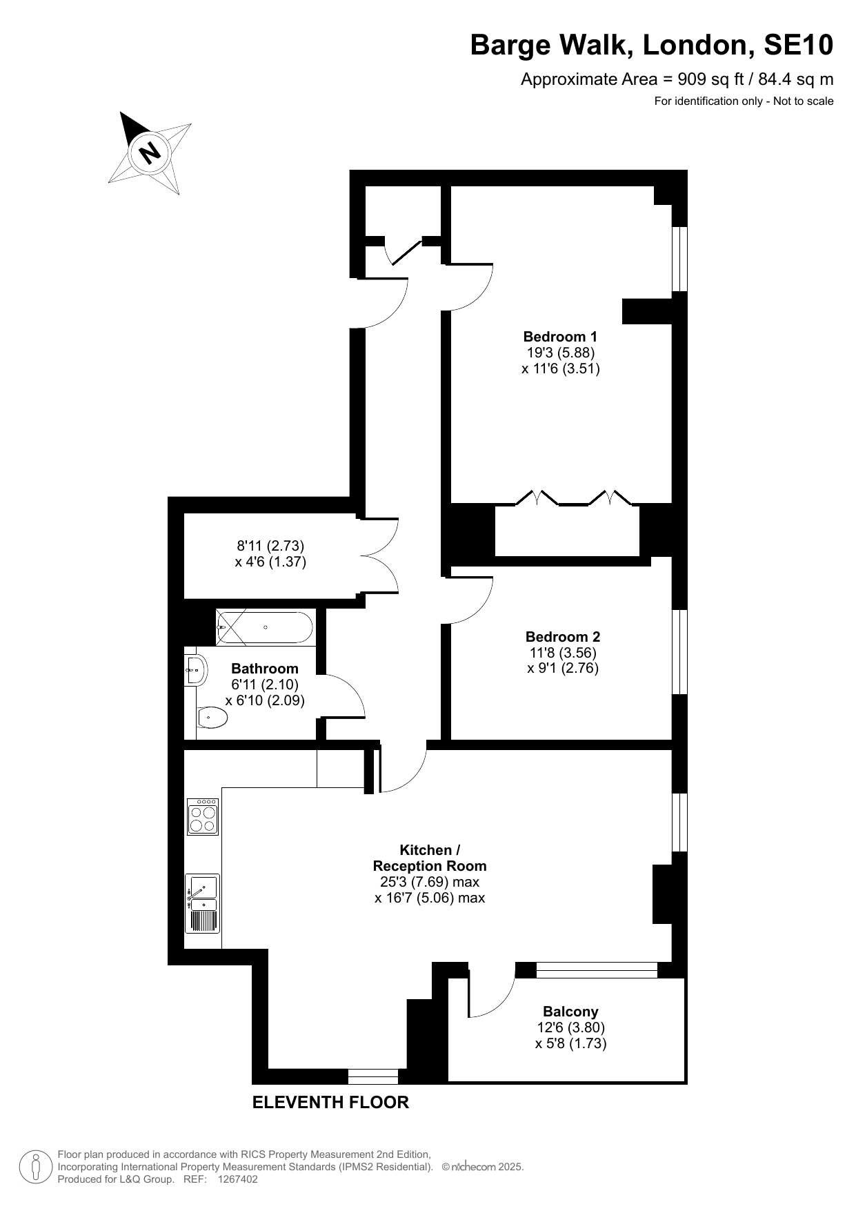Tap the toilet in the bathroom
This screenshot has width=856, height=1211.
click(212, 718)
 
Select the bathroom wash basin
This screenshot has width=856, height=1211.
click(196, 669)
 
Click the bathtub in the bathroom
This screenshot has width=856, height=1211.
click(265, 627)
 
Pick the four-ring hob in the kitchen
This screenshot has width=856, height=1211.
click(203, 816)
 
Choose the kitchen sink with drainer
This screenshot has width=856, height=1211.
click(203, 904)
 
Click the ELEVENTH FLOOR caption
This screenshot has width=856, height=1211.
click(330, 1102)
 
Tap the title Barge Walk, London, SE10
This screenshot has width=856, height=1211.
click(652, 46)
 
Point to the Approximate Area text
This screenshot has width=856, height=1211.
click(677, 79)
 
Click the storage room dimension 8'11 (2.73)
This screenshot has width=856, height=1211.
click(270, 546)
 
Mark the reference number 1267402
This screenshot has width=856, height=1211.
click(237, 1179)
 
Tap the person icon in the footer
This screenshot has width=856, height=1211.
click(36, 1166)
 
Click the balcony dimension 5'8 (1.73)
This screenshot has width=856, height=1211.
click(570, 1043)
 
